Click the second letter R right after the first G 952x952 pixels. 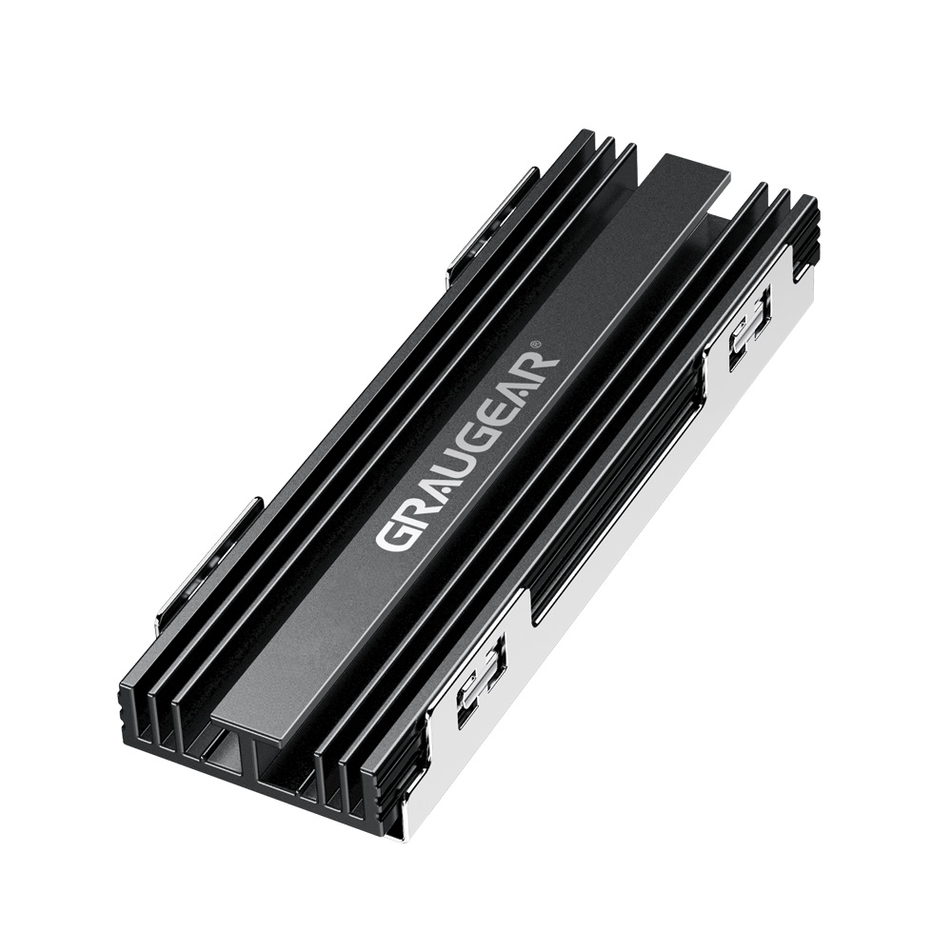click(410, 510)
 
